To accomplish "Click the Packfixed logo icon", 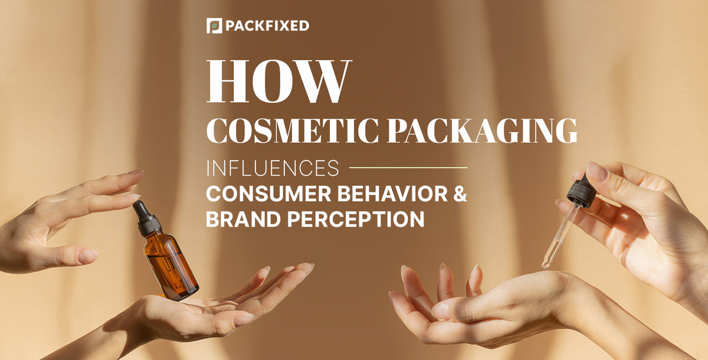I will [214, 26].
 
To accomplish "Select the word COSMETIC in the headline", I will [289, 131].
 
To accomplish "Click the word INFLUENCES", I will [273, 168].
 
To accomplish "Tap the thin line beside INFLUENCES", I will [408, 168].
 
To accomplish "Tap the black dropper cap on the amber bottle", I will [146, 218].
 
